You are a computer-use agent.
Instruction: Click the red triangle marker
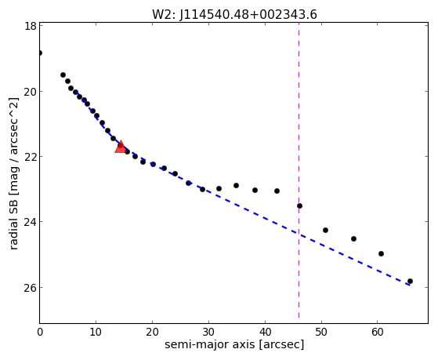(121, 147)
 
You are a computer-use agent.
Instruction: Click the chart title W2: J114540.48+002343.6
(234, 15)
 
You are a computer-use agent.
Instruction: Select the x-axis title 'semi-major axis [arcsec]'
(234, 344)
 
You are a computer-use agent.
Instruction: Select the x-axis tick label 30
(208, 332)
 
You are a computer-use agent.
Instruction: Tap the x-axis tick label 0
(40, 332)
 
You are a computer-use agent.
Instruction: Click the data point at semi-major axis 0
(40, 53)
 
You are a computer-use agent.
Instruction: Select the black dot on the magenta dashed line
(299, 205)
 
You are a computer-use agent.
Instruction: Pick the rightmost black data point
(410, 281)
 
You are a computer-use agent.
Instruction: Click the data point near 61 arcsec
(381, 253)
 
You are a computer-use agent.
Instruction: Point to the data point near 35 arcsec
(236, 185)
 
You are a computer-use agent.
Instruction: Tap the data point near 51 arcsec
(325, 231)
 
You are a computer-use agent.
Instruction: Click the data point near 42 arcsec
(277, 191)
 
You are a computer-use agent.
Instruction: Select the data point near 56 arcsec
(353, 238)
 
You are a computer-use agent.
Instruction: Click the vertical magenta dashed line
(299, 170)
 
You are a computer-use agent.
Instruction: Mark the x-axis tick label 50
(321, 332)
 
